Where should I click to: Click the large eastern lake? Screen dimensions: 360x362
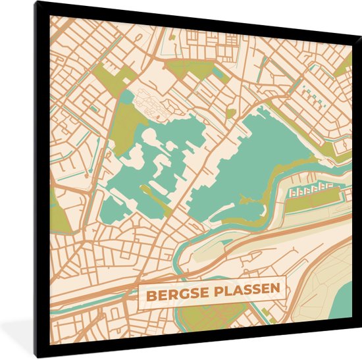pos(263,165)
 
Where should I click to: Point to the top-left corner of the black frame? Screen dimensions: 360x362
pos(37,3)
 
